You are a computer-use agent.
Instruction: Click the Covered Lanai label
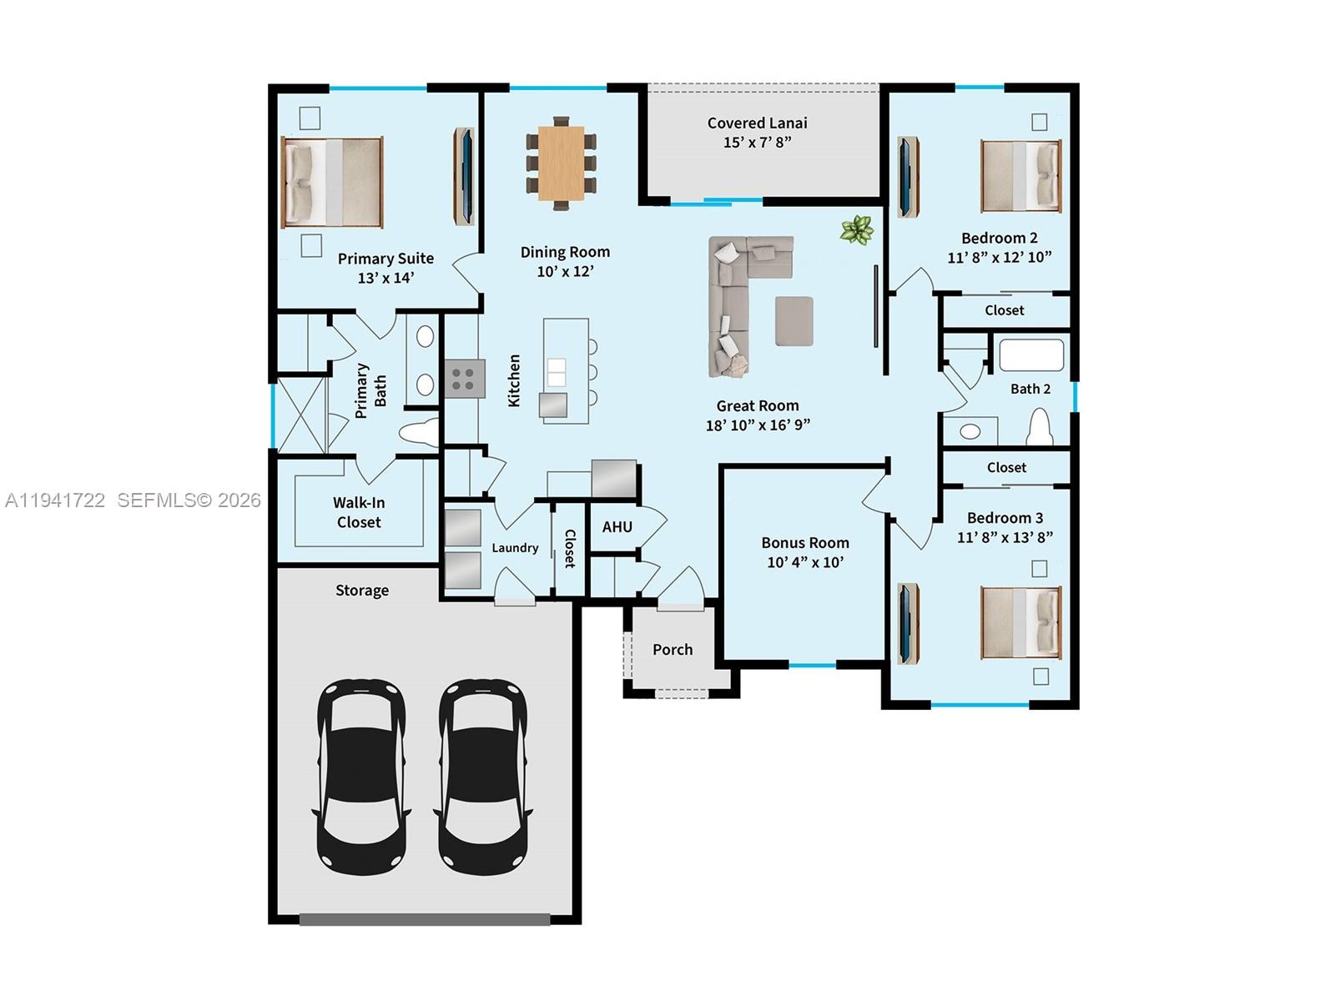(757, 123)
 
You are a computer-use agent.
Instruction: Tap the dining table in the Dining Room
(561, 163)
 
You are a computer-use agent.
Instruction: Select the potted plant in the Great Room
(857, 229)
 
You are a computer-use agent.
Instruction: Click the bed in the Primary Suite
(333, 183)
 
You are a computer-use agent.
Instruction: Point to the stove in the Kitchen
(464, 378)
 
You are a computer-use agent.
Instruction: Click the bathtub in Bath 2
(1031, 355)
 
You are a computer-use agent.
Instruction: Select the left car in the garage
(361, 776)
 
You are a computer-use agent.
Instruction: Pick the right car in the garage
(483, 776)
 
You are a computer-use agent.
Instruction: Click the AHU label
(617, 527)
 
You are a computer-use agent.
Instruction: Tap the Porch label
(673, 650)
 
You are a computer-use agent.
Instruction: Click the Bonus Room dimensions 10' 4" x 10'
(805, 563)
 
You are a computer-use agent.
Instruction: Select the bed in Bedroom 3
(1020, 622)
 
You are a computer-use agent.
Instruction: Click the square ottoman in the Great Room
(793, 321)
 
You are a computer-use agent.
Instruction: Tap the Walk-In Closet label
(358, 512)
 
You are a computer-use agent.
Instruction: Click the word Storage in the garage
(362, 591)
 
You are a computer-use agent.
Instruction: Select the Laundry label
(515, 548)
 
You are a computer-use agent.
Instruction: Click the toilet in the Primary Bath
(418, 434)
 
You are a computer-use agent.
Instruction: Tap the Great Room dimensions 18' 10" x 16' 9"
(758, 425)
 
